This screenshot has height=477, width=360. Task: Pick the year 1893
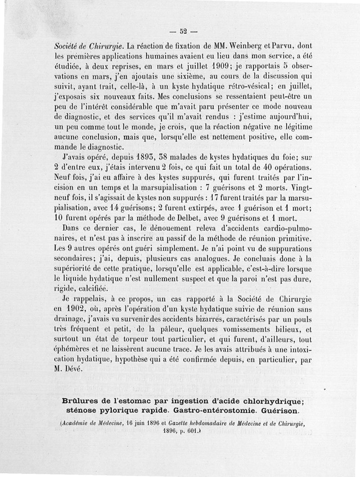click(131, 159)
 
